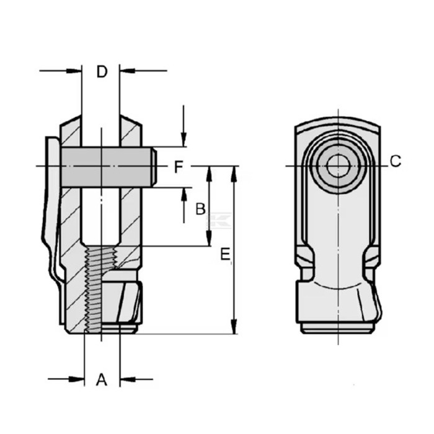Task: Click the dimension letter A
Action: pos(102,379)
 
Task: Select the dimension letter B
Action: pos(200,210)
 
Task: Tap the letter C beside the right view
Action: pos(396,162)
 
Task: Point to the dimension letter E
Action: pos(225,254)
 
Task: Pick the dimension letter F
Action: pos(179,167)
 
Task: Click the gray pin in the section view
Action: pos(108,166)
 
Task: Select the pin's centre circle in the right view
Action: pos(338,166)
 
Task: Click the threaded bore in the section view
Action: pos(101,285)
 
